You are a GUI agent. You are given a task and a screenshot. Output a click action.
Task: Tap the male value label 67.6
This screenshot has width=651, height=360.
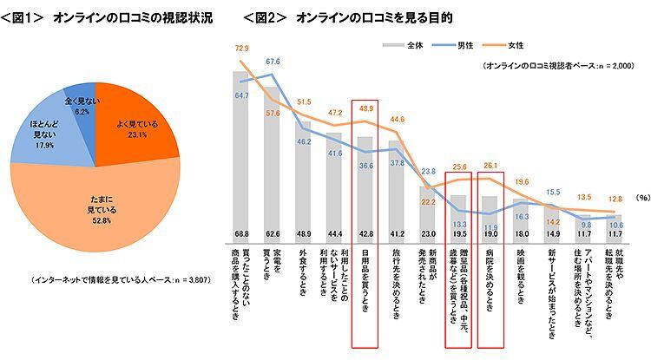point(273,62)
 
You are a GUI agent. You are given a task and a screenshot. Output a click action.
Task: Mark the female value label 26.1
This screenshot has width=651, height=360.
point(490,165)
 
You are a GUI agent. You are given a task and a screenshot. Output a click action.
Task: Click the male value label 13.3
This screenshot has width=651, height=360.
point(458,222)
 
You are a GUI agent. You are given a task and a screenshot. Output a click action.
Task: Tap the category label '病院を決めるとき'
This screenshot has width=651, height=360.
point(490,286)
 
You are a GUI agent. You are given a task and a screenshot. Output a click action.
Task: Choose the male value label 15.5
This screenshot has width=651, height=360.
point(553,192)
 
